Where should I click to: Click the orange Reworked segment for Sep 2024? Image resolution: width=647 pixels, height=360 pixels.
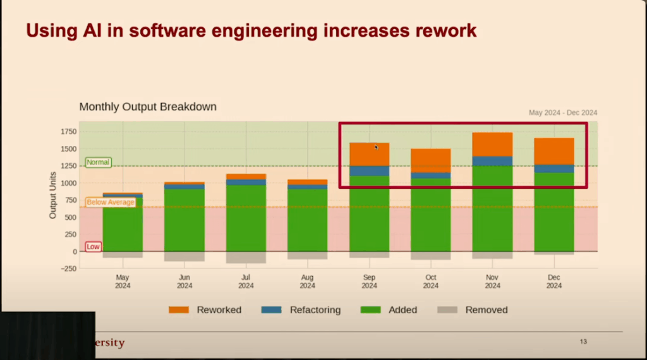[369, 155]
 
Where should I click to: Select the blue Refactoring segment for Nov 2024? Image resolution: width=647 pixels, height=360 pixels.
[492, 161]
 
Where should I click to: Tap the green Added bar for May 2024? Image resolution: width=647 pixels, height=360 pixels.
[123, 224]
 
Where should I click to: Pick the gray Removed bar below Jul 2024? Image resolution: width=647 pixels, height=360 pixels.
[246, 257]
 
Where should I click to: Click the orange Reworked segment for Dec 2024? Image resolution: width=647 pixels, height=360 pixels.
[554, 152]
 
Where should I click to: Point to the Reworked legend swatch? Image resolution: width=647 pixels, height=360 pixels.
[179, 309]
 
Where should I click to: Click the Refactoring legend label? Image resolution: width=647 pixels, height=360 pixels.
[315, 309]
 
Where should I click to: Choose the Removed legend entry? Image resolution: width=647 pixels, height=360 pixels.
[473, 309]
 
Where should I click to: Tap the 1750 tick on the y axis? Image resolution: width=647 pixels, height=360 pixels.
[68, 131]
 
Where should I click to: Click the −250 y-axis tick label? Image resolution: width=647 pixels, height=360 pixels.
[68, 268]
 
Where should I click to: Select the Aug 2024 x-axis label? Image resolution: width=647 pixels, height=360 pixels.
[308, 281]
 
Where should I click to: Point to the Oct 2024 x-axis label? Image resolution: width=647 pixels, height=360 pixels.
[431, 281]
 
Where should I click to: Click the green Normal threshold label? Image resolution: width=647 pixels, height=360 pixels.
[98, 162]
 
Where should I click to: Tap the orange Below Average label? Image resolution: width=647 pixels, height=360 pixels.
[111, 202]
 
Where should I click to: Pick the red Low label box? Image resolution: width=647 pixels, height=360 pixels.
[93, 246]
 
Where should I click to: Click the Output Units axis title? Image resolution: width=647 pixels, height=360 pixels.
[53, 195]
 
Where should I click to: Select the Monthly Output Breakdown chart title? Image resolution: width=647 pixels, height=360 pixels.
[148, 107]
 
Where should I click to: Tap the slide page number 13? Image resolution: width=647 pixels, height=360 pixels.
[583, 342]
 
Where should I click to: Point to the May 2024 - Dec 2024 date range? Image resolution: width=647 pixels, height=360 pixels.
[563, 112]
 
